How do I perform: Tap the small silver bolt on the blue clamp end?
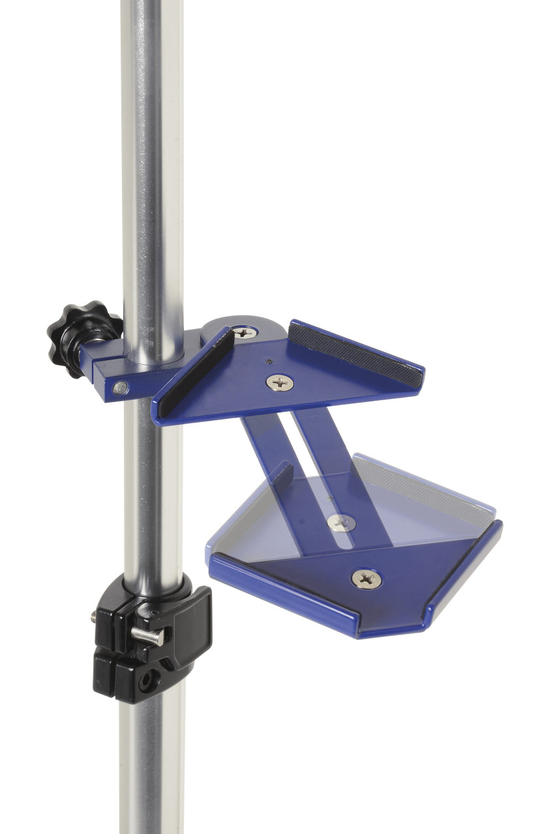point(119,389)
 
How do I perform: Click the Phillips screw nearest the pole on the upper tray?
point(245,332)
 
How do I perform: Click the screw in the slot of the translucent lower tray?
point(340,523)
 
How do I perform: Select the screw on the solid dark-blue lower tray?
point(367,578)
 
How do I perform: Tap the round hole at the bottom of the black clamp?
point(147,682)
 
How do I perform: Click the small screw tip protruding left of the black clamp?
point(95,614)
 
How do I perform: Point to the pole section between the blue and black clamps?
point(153,489)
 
